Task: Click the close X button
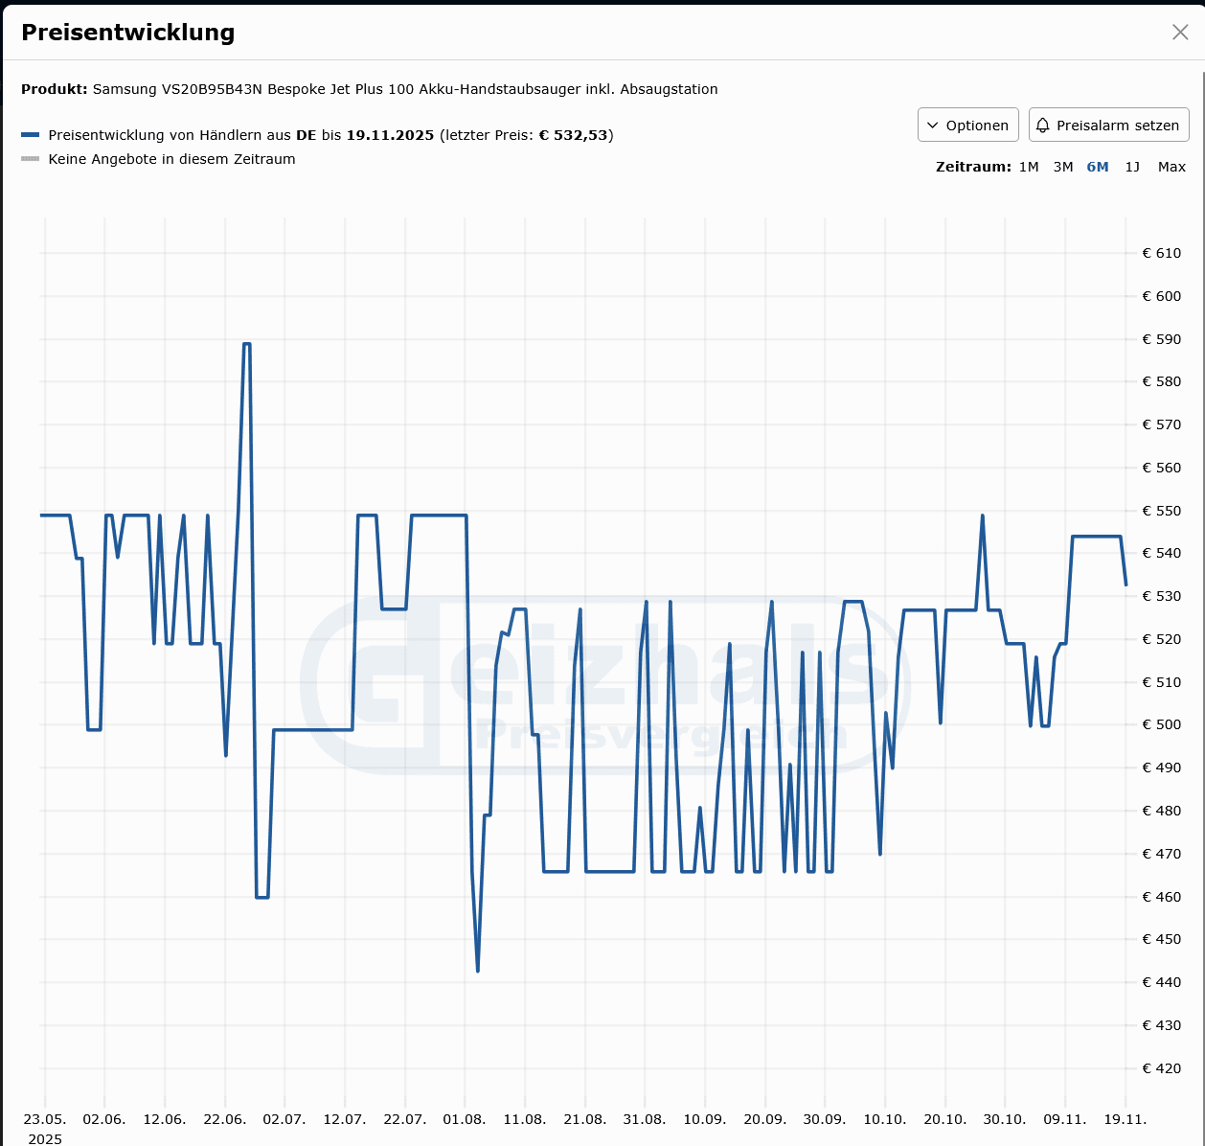tap(1180, 33)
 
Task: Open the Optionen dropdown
tap(967, 126)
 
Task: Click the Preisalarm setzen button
tap(1108, 126)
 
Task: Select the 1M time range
tap(1029, 167)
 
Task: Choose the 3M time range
tap(1062, 167)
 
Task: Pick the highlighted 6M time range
tap(1097, 167)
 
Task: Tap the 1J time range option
tap(1132, 167)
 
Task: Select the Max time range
tap(1171, 167)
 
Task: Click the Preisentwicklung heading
tap(127, 33)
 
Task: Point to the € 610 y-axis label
tap(1161, 253)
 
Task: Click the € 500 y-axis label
tap(1161, 725)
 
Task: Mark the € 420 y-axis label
tap(1161, 1068)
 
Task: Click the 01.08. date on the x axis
tap(464, 1119)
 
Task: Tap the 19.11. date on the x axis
tap(1125, 1119)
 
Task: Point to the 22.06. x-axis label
tap(225, 1119)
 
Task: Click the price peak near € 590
tap(246, 344)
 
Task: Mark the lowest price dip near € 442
tap(478, 971)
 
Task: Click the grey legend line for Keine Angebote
tap(31, 159)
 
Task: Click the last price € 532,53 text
tap(574, 135)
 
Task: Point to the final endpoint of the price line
tap(1125, 584)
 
